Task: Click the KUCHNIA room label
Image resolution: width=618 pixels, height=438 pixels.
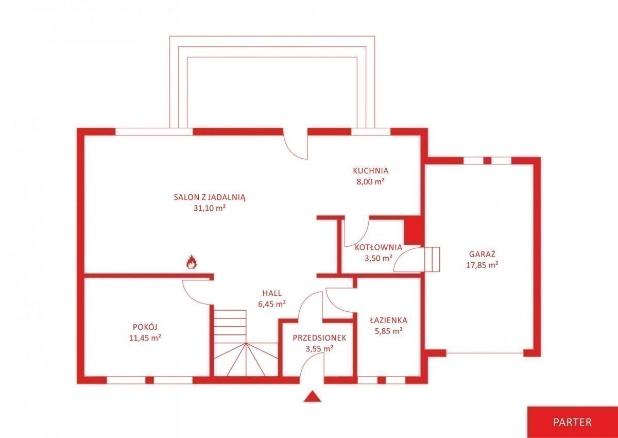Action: pos(370,171)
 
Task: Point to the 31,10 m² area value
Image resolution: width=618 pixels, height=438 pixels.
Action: pos(210,208)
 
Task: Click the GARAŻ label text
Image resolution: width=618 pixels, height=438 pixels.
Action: pos(482,254)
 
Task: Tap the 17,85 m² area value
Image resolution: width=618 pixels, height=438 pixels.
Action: pos(482,265)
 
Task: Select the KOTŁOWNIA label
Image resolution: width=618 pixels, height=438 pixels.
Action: pos(378,247)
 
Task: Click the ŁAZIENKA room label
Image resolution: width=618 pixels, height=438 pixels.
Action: pos(388,320)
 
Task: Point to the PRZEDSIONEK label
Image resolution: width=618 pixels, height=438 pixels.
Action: pos(319,338)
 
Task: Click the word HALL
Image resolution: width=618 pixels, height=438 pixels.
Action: pos(272,293)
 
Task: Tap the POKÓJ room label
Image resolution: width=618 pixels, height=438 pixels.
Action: pos(145,327)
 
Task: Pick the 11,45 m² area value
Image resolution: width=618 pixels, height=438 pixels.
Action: pos(145,338)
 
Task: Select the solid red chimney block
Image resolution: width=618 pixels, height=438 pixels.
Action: pos(413,229)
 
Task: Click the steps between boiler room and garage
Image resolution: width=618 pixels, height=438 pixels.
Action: pos(432,259)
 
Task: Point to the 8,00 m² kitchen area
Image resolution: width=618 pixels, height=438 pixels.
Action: pos(370,182)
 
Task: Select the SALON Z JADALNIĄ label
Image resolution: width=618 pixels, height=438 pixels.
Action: pos(210,197)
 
